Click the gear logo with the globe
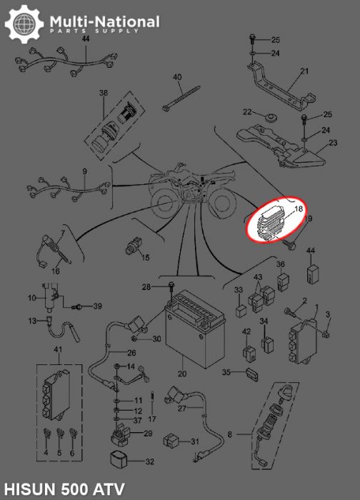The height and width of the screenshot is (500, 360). point(24,24)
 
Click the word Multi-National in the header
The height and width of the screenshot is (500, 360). point(104,21)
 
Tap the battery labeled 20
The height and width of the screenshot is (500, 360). point(195,330)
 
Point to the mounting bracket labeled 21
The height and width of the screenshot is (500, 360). point(281,86)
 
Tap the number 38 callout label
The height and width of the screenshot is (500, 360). point(104,93)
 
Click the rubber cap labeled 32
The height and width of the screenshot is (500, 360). point(119,459)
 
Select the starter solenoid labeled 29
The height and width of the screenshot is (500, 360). point(121,434)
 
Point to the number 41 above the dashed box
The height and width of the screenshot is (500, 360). point(58,350)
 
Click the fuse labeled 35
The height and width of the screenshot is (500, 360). point(251,375)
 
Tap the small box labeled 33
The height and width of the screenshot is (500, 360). point(241,311)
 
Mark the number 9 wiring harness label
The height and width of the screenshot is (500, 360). point(84,171)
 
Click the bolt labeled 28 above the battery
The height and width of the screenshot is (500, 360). point(171,288)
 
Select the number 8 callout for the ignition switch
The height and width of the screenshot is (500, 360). point(230,434)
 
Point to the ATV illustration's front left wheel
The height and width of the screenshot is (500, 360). point(166,204)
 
